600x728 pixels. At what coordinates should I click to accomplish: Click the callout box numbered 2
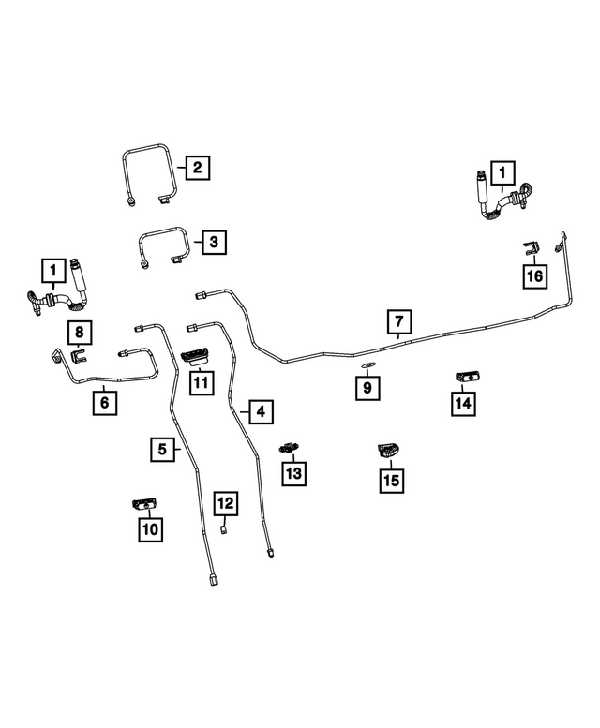coord(198,168)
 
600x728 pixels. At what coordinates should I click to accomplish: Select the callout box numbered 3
coord(214,242)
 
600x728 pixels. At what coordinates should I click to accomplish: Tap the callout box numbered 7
coord(399,321)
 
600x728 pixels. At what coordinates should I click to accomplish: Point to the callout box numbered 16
coord(534,276)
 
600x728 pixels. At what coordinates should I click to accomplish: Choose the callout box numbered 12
coord(226,503)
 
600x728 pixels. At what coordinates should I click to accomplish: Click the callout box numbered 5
coord(162,449)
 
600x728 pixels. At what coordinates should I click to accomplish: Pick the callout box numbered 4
coord(261,412)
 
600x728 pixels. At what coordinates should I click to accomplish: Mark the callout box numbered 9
coord(367,388)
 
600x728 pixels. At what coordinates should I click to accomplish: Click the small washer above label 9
coord(367,366)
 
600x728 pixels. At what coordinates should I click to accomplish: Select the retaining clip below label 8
coord(79,358)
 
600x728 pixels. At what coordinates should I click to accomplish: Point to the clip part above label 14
coord(468,378)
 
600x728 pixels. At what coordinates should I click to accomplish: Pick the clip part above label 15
coord(389,451)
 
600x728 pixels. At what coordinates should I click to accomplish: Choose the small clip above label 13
coord(291,448)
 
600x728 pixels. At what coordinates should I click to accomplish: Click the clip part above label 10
coord(144,504)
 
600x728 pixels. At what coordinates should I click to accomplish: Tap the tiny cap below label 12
coord(223,528)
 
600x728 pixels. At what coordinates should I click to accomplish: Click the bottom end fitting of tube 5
coord(212,580)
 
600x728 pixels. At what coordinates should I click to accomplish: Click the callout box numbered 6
coord(105,403)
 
